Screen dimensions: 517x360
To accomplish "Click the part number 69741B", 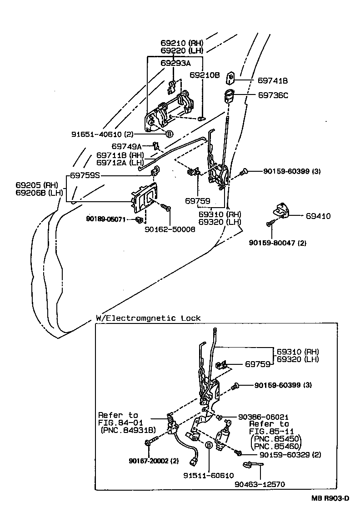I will pos(273,80).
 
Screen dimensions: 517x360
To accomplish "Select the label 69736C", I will pos(273,95).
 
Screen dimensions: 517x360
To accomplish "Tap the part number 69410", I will pos(318,216).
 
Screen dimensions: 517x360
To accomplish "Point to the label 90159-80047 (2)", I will pos(277,243).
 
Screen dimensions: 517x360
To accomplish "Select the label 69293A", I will pos(175,63).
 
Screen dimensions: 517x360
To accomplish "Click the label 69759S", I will pos(85,175).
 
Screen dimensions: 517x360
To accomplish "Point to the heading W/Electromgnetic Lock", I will pos(148,318).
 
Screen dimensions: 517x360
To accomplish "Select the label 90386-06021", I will pos(263,416).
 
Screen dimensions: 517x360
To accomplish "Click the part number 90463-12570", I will pos(260,484).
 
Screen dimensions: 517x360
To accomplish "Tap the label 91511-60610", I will pos(208,475).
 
